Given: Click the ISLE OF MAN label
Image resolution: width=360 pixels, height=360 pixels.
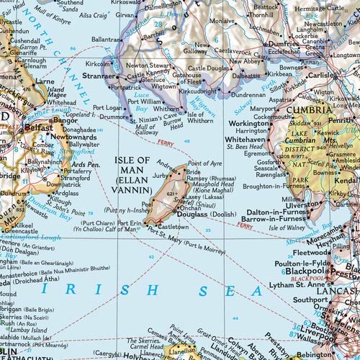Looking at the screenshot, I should [x=132, y=160].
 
